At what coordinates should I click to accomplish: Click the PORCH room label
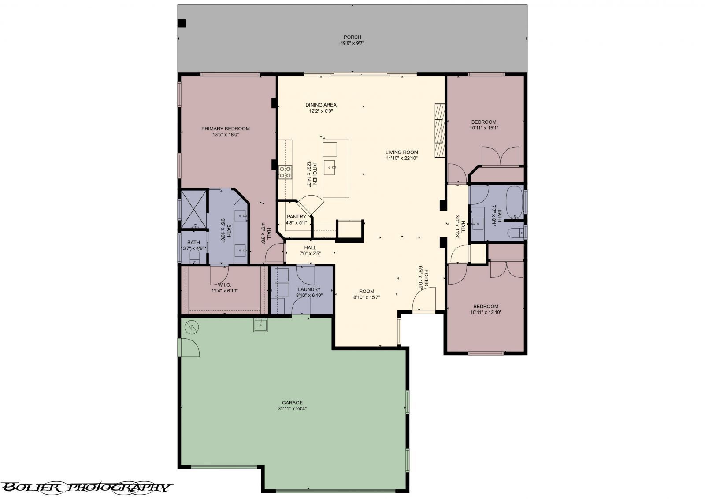click(x=352, y=37)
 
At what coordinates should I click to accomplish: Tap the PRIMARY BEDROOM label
click(x=225, y=128)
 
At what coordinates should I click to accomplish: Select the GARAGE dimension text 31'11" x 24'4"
click(x=292, y=409)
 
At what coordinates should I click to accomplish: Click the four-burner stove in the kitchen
click(x=285, y=172)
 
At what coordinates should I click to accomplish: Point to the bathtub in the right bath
click(x=514, y=202)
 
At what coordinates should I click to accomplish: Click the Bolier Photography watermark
click(x=86, y=488)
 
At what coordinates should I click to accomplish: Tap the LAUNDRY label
click(x=309, y=289)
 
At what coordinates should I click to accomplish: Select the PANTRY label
click(x=296, y=216)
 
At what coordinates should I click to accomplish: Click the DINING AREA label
click(x=321, y=105)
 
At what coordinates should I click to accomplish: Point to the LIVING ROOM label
click(x=401, y=152)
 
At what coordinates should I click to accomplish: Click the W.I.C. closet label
click(x=224, y=285)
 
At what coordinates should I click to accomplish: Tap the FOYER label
click(x=427, y=278)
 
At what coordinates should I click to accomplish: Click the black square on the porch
click(x=182, y=23)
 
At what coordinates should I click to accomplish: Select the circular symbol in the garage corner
click(x=192, y=327)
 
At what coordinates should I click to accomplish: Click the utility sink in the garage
click(x=260, y=325)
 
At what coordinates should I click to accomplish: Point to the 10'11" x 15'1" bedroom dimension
click(x=484, y=128)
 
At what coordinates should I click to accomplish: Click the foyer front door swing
click(x=424, y=299)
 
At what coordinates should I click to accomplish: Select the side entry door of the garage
click(x=189, y=347)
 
